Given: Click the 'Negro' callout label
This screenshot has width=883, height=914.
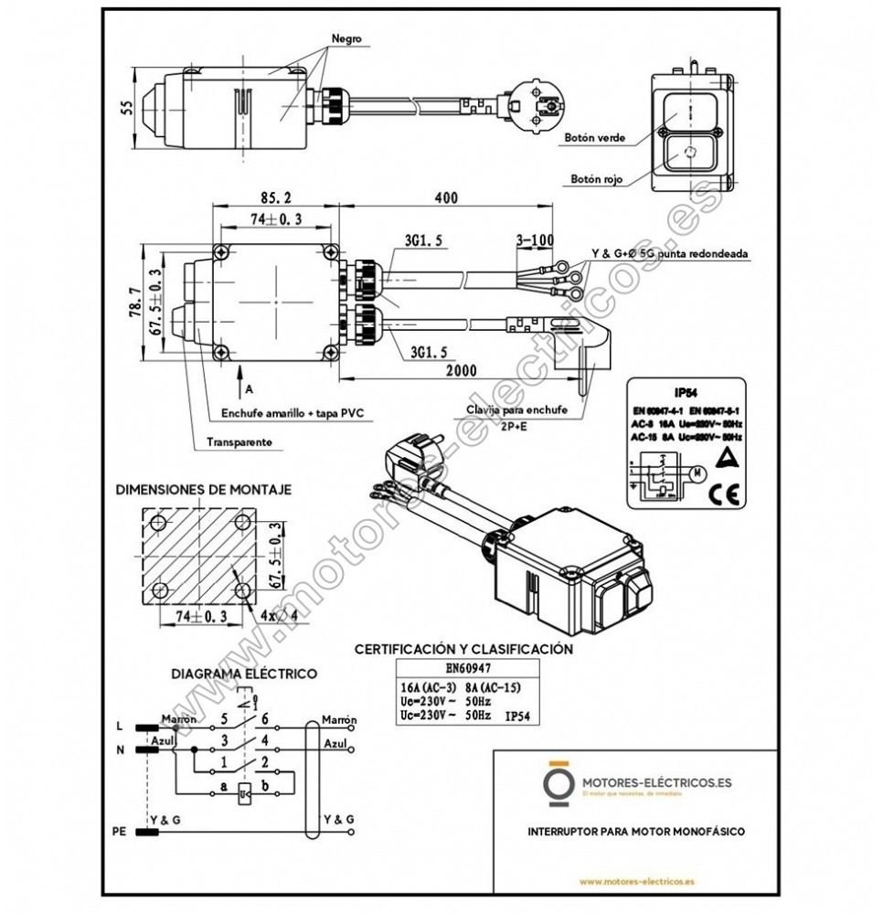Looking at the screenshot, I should pos(346,39).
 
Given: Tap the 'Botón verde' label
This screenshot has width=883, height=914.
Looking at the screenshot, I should pos(594,138).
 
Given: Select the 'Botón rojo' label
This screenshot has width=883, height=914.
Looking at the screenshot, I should pos(596,180).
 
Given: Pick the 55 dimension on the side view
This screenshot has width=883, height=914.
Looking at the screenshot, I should pos(127,108).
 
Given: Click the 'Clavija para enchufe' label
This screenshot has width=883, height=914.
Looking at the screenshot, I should pos(516,410).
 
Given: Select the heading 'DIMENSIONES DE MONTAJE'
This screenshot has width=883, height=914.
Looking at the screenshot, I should pos(203,490).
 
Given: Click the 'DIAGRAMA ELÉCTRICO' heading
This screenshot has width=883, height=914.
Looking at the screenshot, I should pos(244,674).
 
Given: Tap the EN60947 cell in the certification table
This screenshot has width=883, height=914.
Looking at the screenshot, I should pos(467,668).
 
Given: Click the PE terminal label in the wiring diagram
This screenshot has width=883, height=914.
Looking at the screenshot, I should pos(117,832).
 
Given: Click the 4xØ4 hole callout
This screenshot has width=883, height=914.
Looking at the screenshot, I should pos(273,614).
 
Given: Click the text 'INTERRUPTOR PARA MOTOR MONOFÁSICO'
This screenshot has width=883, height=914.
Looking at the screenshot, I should pos(636,832).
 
